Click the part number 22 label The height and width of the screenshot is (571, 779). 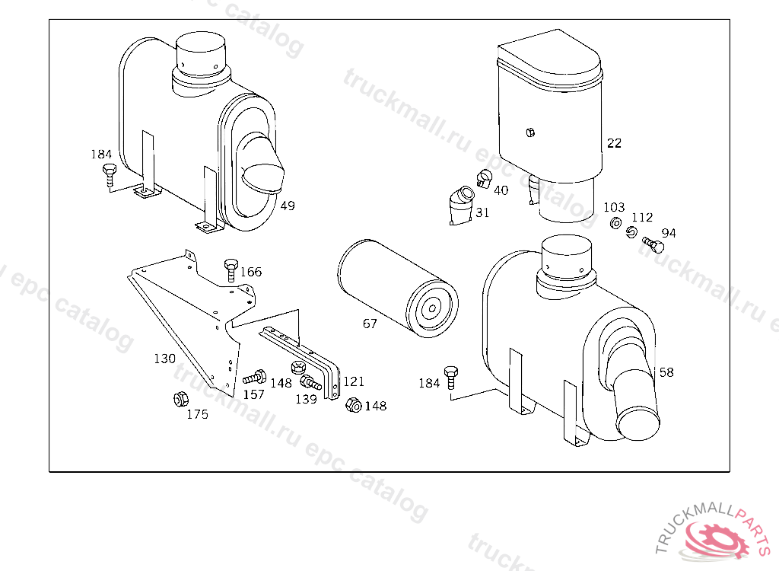(614, 143)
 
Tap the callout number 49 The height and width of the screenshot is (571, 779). (287, 206)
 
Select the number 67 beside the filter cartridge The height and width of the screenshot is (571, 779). (370, 324)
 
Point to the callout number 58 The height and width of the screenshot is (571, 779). (666, 372)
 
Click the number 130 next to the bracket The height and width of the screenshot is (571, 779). (165, 359)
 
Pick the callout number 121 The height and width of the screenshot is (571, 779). (354, 381)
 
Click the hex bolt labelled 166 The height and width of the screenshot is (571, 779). (231, 270)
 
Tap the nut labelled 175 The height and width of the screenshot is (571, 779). (181, 399)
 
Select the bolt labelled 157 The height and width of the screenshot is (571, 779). (255, 378)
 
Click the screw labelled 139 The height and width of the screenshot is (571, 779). (310, 382)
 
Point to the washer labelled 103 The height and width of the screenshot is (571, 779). (615, 223)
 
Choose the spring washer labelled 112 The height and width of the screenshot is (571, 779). (631, 231)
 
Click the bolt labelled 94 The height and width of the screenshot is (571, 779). (653, 244)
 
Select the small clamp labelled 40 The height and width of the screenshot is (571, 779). (484, 179)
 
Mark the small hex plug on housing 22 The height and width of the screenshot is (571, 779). (530, 132)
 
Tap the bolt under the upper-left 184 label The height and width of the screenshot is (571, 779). (110, 174)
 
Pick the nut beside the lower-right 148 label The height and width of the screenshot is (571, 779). (353, 405)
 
